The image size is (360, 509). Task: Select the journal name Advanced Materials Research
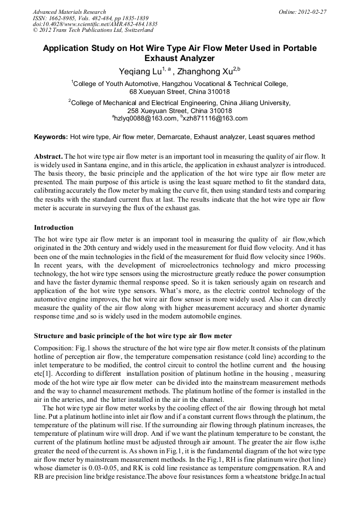tap(69, 12)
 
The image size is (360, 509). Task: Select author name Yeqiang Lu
tap(139, 71)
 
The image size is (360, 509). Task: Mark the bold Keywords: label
tap(51, 137)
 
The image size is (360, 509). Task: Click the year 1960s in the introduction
tap(314, 256)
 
